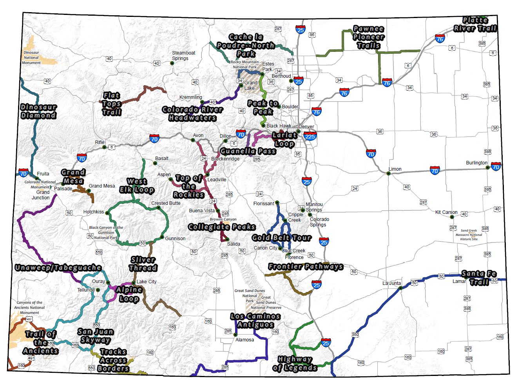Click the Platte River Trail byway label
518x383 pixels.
[x=475, y=24]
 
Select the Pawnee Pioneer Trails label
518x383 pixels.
[x=368, y=37]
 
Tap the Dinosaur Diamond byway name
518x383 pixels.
[x=38, y=111]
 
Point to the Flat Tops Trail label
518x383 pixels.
[x=112, y=104]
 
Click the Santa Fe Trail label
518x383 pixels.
[x=479, y=278]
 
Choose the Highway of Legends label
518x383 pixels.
[x=295, y=364]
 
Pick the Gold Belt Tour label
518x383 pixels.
[x=281, y=238]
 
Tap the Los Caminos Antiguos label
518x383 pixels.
[x=255, y=321]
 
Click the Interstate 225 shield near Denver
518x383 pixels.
[x=310, y=137]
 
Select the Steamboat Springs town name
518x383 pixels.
[x=183, y=56]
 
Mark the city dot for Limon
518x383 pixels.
[x=388, y=173]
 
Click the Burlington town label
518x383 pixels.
[x=476, y=163]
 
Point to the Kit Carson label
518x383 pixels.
[x=446, y=212]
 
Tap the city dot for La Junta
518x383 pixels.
[x=400, y=288]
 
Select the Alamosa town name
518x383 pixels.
[x=245, y=340]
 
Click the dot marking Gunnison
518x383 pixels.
[x=162, y=237]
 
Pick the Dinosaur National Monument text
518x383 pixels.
[x=31, y=58]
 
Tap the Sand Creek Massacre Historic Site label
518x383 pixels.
[x=469, y=235]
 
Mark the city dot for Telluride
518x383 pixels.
[x=98, y=290]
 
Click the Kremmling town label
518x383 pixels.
[x=190, y=97]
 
